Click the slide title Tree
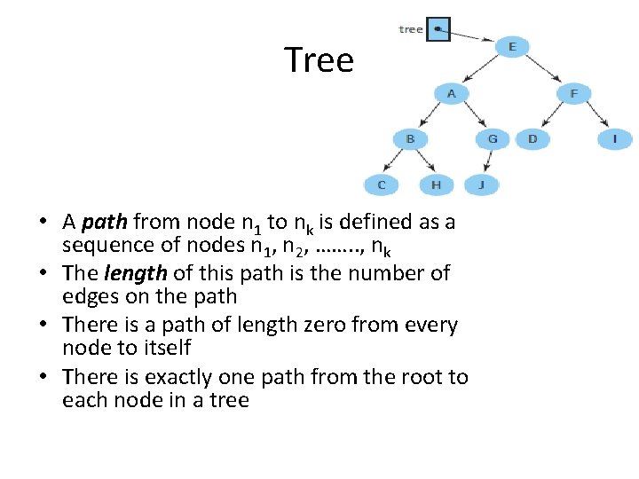(x=319, y=60)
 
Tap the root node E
(x=510, y=46)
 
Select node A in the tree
(x=452, y=92)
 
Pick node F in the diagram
(x=573, y=92)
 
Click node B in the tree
(x=410, y=138)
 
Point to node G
(x=492, y=138)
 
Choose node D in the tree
(x=532, y=138)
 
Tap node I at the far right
(x=614, y=138)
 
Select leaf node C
(x=382, y=185)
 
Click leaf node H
(x=435, y=185)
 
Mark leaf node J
(x=481, y=185)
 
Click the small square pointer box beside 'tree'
(x=438, y=30)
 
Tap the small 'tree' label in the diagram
(x=411, y=29)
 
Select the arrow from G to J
(x=487, y=161)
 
